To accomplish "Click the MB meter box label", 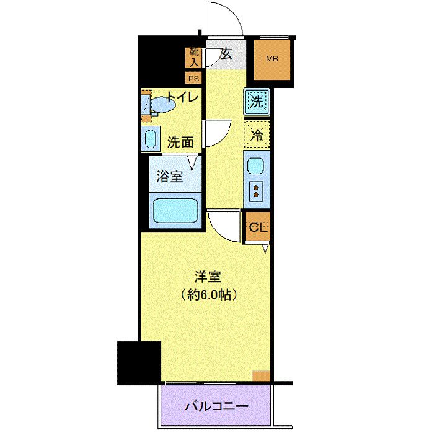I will point(272,60).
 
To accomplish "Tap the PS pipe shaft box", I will point(194,78).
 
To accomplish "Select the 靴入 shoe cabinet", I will point(194,58).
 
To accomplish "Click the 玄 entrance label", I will point(226,55).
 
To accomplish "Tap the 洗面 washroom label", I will point(180,142).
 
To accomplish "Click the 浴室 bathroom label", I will point(169,175).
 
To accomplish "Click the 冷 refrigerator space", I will point(255,132).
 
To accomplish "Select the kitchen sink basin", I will point(255,166).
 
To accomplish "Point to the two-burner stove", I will point(255,192).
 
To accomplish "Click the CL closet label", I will point(257,228).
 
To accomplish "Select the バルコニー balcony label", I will point(216,407).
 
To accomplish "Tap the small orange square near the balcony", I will point(261,376).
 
